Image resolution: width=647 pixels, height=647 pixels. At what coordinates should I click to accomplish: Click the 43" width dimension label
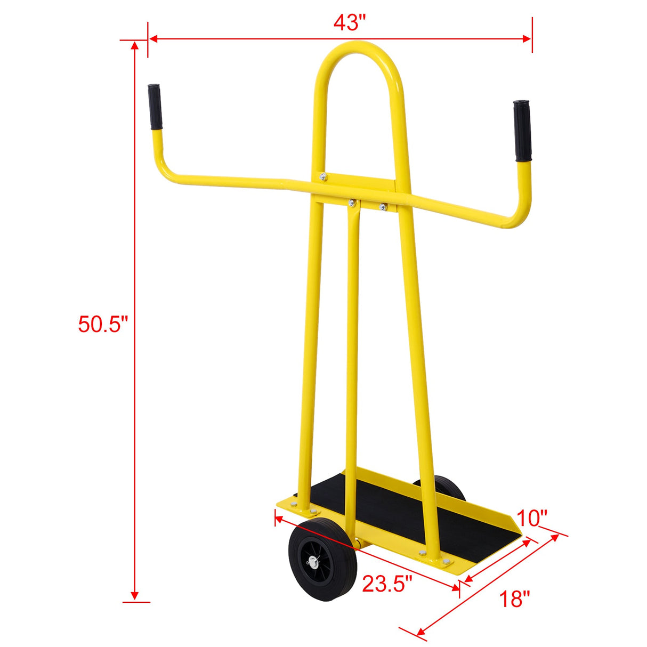pyautogui.click(x=350, y=22)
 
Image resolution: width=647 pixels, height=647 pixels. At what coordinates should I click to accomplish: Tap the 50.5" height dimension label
pyautogui.click(x=103, y=323)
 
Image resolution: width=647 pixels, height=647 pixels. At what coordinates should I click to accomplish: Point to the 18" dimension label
pyautogui.click(x=514, y=599)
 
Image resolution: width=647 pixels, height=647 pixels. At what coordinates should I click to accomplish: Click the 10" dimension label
pyautogui.click(x=531, y=517)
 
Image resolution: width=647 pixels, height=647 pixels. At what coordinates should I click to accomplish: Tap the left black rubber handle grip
pyautogui.click(x=155, y=107)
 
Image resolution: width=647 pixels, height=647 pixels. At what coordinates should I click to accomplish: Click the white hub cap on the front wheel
pyautogui.click(x=311, y=561)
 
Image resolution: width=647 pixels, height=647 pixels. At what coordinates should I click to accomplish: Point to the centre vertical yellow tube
pyautogui.click(x=351, y=346)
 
